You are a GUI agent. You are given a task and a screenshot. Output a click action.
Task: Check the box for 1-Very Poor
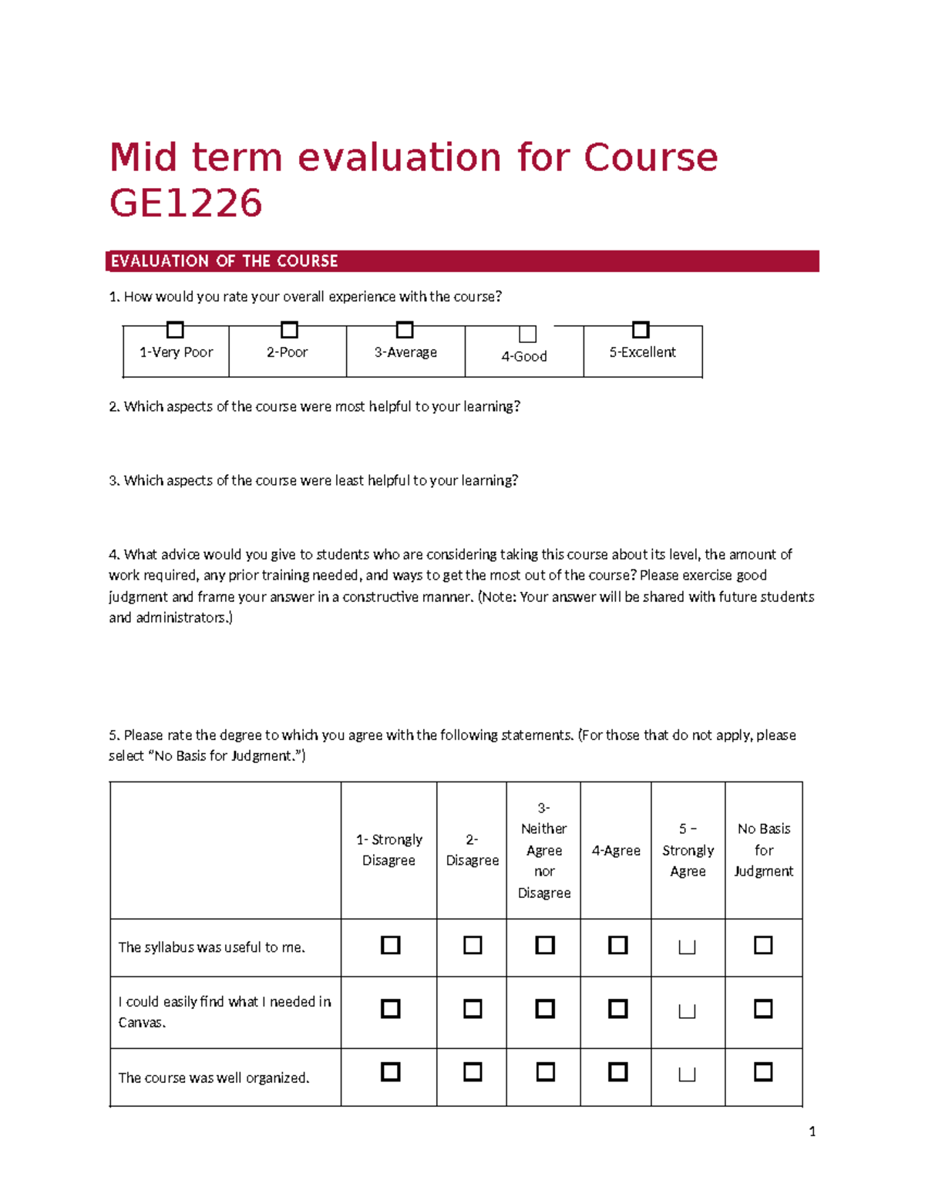[175, 330]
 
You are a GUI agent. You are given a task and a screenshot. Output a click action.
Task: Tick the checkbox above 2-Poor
[289, 330]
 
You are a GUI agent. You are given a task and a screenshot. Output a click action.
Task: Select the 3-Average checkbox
[405, 330]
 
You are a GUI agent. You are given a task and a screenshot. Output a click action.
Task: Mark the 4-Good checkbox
[527, 334]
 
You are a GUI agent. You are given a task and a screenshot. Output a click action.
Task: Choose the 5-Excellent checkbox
[641, 330]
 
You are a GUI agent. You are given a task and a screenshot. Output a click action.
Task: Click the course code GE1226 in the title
[186, 203]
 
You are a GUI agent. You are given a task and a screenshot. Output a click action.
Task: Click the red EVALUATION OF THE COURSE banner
[462, 261]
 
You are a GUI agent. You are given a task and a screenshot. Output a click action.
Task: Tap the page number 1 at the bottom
[812, 1131]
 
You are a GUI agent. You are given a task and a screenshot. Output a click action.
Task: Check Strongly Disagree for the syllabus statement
[391, 945]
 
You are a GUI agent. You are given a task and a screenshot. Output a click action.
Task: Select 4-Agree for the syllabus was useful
[617, 945]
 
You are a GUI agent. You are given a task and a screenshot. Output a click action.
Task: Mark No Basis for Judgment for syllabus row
[763, 945]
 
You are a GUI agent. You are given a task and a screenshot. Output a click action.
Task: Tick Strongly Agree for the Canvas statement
[687, 1010]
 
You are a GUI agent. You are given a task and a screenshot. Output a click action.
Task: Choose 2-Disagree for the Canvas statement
[473, 1009]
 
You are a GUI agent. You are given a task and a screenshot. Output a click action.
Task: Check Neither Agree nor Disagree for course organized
[545, 1072]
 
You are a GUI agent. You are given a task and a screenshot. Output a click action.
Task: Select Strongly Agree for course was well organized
[687, 1074]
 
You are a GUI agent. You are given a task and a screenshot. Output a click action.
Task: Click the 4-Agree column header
[616, 850]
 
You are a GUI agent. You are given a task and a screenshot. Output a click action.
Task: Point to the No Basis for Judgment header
[763, 850]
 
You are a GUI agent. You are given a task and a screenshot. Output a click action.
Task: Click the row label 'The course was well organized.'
[214, 1078]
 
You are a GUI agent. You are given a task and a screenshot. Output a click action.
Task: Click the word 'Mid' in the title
[143, 157]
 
